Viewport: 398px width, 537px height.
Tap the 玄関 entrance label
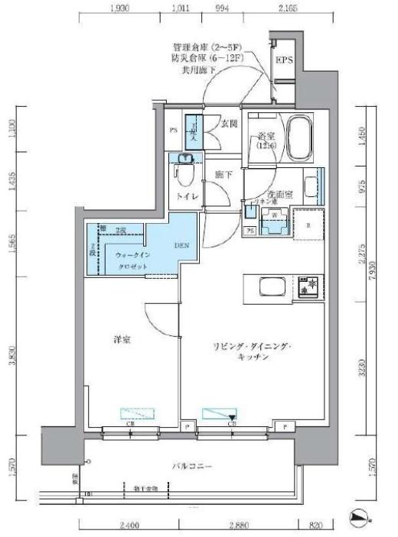point(228,123)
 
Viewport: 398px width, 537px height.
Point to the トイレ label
point(188,196)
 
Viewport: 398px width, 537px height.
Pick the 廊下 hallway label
point(223,175)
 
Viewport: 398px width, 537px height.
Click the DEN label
point(181,246)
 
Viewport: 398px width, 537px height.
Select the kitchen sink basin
point(272,288)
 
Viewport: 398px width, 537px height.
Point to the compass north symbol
point(359,516)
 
